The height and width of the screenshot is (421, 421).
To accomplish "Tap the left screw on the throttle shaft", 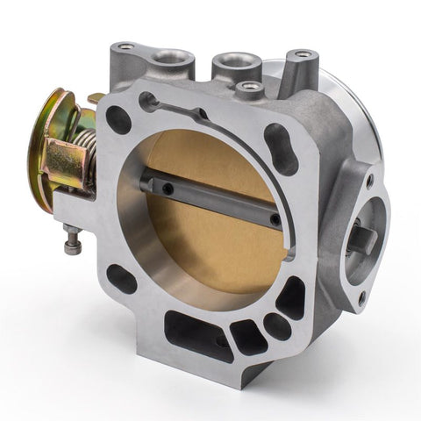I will [x=164, y=185].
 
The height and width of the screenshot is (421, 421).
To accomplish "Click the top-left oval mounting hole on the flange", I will [x=119, y=119].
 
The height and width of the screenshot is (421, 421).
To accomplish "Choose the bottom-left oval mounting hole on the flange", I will [x=122, y=280].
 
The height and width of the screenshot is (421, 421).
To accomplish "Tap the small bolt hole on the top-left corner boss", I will [x=127, y=46].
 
